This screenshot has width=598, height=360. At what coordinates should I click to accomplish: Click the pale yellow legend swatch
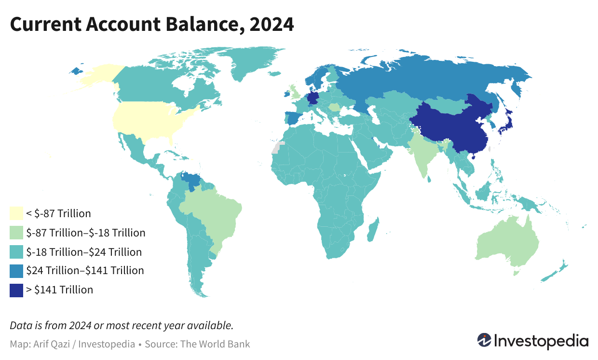point(16,213)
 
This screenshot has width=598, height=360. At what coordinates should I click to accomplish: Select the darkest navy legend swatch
point(16,290)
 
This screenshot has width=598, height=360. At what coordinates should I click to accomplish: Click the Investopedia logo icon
point(484,340)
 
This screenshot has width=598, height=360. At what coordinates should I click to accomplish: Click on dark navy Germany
point(313,98)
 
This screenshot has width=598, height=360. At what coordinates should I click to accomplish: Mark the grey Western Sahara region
point(276,147)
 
